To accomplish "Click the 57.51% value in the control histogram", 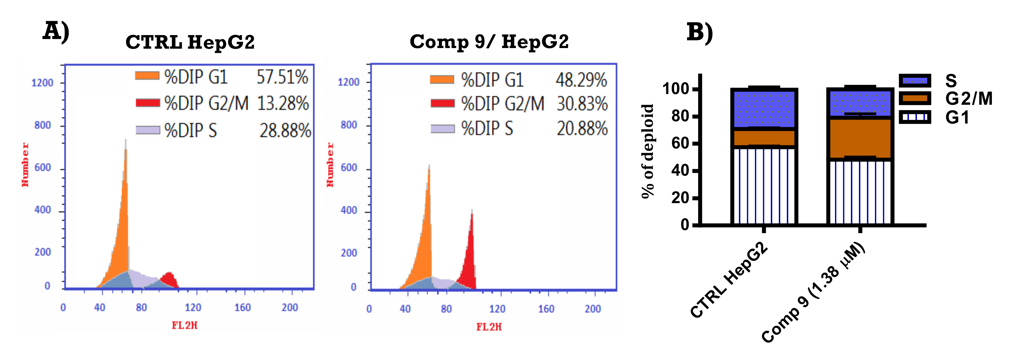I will coord(282,77).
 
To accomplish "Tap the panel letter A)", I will coord(56,32).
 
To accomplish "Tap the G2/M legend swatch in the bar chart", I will coord(915,98).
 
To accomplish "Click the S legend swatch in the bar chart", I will coord(915,81).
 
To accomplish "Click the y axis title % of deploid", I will coord(647,151).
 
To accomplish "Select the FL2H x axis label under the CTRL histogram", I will coord(184,325).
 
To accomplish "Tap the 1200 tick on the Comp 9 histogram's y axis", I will coord(348,82).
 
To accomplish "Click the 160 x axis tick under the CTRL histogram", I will coord(242,307).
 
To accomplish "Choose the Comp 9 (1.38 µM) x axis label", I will coord(813,293).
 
